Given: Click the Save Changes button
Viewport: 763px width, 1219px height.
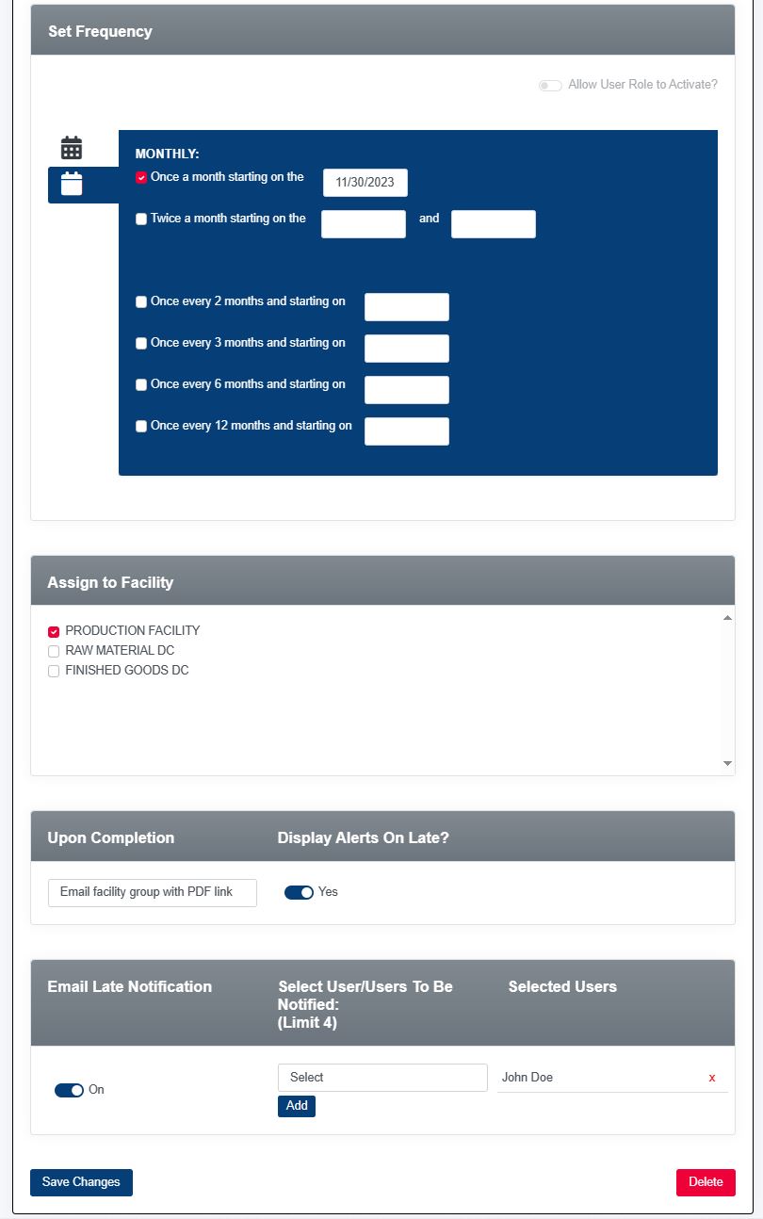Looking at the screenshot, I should (x=81, y=1182).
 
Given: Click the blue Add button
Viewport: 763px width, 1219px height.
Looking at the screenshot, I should (x=297, y=1106).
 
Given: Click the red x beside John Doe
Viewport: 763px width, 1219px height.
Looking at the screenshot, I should (x=712, y=1078).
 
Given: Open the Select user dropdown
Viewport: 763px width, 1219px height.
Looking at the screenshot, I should (x=382, y=1078).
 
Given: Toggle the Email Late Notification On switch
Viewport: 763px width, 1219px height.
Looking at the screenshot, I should (x=69, y=1090).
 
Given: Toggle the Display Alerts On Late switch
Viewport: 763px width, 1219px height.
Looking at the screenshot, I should (x=299, y=892).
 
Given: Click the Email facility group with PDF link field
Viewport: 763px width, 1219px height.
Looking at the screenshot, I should (x=153, y=892).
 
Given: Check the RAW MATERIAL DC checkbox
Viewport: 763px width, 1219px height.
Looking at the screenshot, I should (x=54, y=651).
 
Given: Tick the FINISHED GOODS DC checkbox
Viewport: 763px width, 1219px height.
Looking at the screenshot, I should (x=54, y=671).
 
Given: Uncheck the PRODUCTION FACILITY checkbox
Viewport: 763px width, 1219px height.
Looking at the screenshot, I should (x=54, y=631).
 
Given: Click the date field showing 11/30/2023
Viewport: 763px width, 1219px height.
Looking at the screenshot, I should (x=365, y=183).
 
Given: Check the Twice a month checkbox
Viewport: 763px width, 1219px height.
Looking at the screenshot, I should (x=141, y=219).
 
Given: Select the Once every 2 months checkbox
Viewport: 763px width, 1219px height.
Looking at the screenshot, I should (x=141, y=302).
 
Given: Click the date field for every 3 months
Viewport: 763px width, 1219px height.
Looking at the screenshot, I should (x=406, y=349).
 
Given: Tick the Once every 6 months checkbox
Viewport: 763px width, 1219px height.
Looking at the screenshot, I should (x=141, y=384).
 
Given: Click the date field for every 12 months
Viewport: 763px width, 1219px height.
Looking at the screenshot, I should (x=406, y=431).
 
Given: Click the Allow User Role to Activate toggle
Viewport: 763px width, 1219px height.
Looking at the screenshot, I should (x=550, y=86).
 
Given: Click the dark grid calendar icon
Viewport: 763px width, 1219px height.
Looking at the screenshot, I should (x=72, y=148).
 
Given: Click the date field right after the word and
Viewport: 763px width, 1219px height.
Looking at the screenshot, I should (x=493, y=224).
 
